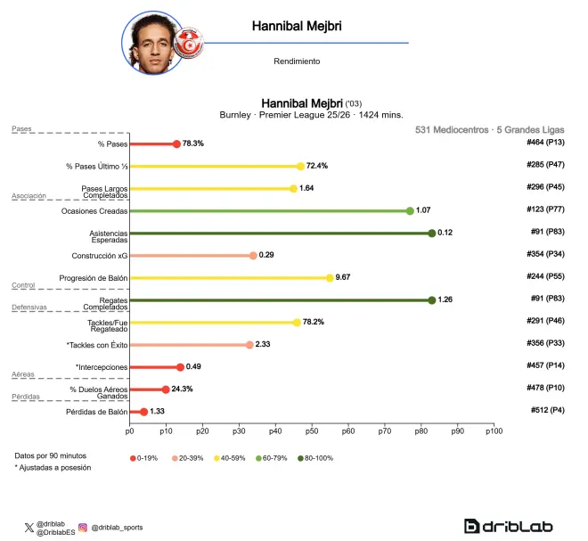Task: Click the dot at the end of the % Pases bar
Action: tap(176, 144)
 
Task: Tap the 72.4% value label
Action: tap(317, 166)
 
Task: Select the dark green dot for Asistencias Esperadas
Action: tap(431, 234)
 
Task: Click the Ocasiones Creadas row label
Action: tap(94, 211)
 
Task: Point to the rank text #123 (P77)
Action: tap(545, 209)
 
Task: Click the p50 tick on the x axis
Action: tap(312, 431)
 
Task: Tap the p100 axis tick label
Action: tap(494, 431)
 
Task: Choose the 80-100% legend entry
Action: tap(315, 458)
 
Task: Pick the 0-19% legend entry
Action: tap(143, 458)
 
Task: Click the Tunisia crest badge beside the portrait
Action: tap(189, 44)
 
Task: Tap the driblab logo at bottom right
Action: tap(508, 526)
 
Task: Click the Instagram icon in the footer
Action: tap(83, 528)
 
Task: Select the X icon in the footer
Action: tap(29, 528)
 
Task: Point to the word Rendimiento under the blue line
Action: tap(297, 61)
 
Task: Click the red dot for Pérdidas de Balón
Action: tap(143, 412)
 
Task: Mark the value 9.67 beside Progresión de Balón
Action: tap(343, 277)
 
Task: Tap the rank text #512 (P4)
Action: tap(548, 410)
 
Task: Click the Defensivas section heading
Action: tap(29, 307)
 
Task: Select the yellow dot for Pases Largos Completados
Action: tap(293, 189)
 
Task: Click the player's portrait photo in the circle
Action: tap(153, 43)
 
